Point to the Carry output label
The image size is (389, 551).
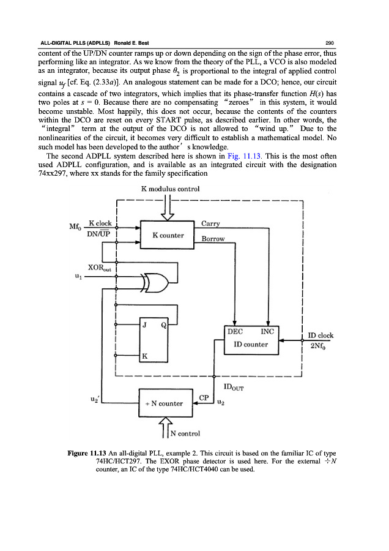pyautogui.click(x=210, y=223)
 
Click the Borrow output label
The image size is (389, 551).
pyautogui.click(x=213, y=239)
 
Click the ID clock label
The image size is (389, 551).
pyautogui.click(x=320, y=335)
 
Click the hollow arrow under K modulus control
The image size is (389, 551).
pyautogui.click(x=166, y=209)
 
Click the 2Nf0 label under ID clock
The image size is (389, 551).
pyautogui.click(x=320, y=345)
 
